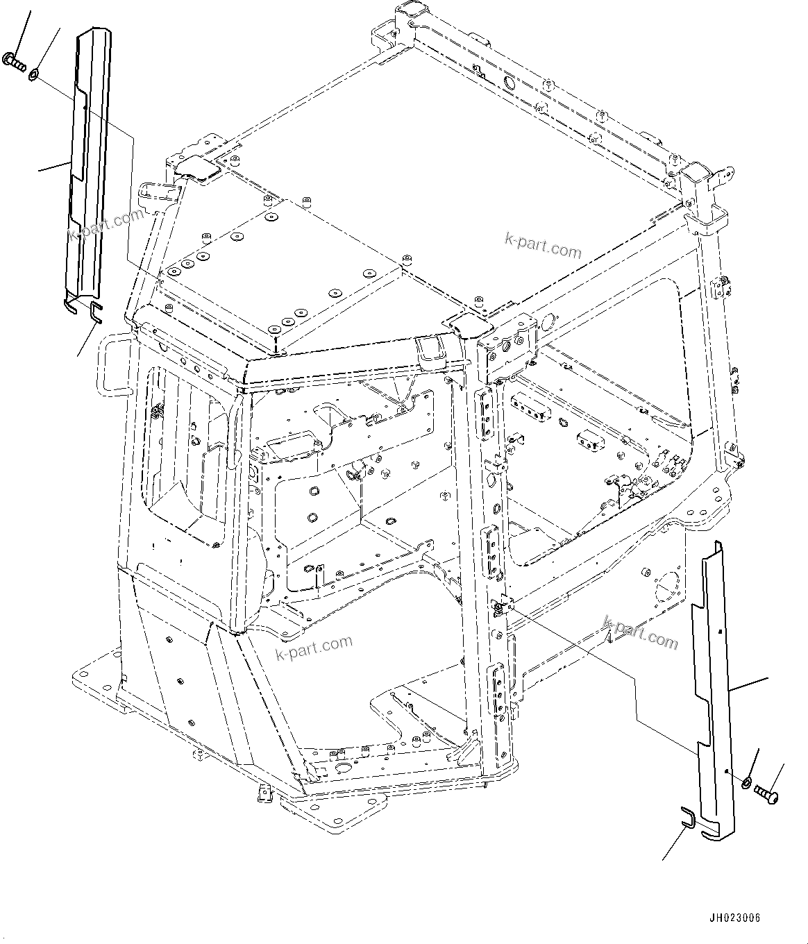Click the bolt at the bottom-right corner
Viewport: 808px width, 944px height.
click(x=766, y=791)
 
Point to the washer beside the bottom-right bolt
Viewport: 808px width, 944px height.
click(x=745, y=783)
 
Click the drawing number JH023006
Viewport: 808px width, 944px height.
click(x=735, y=918)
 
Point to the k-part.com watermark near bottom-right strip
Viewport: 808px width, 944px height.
click(x=640, y=631)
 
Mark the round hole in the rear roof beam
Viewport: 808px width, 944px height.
click(x=509, y=83)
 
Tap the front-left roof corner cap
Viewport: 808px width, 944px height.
click(x=463, y=322)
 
